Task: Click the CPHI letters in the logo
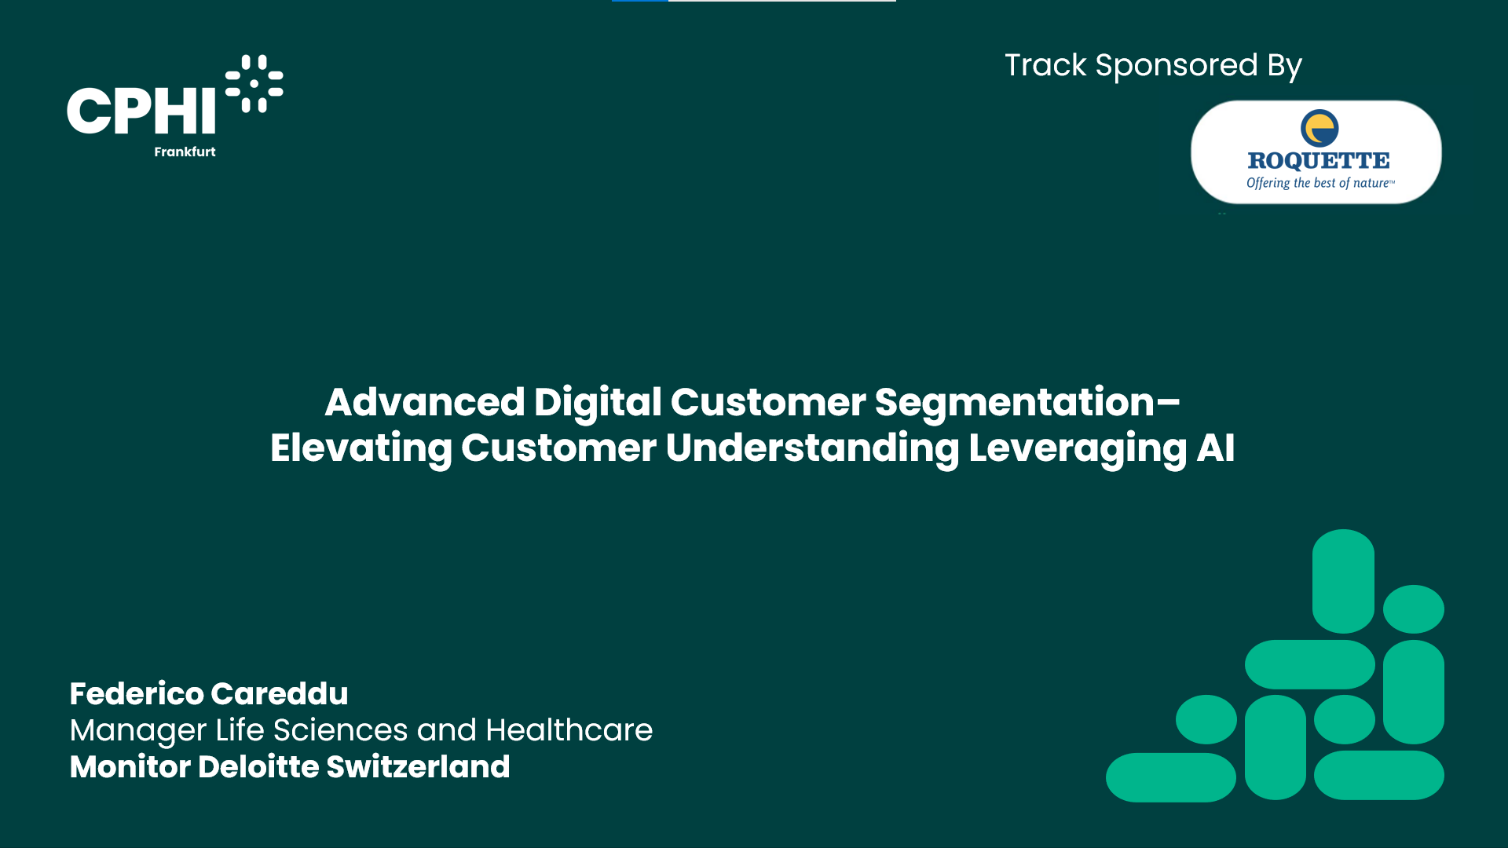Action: coord(141,111)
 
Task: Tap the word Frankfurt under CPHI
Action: coord(185,152)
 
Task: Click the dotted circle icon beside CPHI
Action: coord(254,83)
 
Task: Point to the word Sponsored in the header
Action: coord(1177,66)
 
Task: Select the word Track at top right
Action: coord(1045,65)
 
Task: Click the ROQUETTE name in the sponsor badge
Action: coord(1319,161)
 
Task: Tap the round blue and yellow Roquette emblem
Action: coord(1319,128)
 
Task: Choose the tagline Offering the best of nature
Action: coord(1320,183)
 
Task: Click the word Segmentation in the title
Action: coord(1015,403)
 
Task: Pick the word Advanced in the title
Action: coord(425,402)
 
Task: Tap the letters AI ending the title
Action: coord(1215,448)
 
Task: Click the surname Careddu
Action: coord(280,694)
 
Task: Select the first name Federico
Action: coord(137,694)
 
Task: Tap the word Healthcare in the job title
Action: coord(569,730)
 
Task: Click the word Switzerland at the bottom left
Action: coord(418,767)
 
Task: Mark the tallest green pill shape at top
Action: coord(1343,581)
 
